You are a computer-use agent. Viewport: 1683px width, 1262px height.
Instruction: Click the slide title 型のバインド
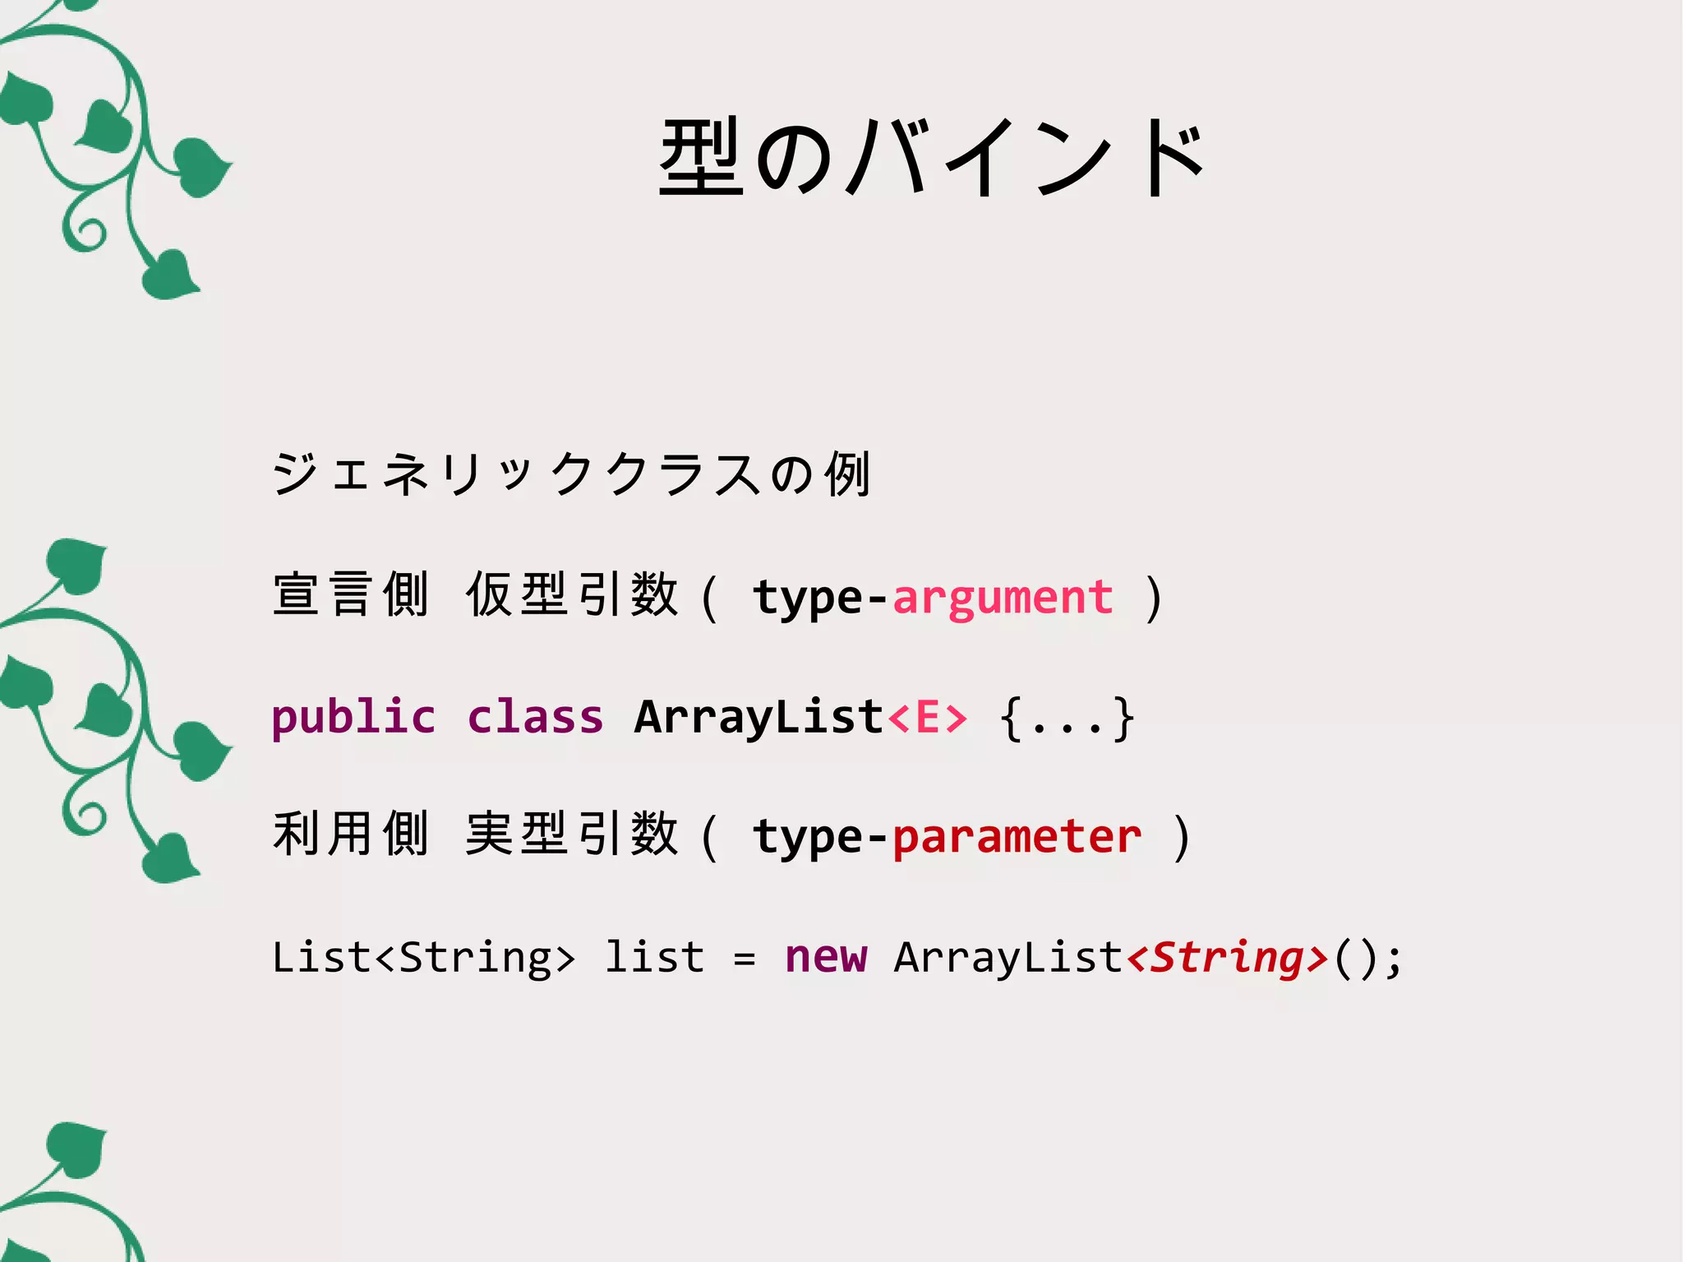[x=932, y=158]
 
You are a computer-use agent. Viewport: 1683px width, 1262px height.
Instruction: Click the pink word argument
[x=1003, y=597]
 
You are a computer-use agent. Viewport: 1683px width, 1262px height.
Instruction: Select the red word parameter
[x=1017, y=837]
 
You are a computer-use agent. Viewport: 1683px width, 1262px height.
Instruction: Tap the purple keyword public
[x=353, y=717]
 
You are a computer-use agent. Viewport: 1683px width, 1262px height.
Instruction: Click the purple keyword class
[x=535, y=717]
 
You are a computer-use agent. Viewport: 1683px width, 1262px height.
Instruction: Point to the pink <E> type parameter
[x=927, y=717]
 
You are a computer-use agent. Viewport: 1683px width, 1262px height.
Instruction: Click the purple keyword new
[x=825, y=957]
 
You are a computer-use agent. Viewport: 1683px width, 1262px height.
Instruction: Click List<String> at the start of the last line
[x=423, y=957]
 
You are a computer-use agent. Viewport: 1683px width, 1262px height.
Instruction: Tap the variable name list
[x=654, y=957]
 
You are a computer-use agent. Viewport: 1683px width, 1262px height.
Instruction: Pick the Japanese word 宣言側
[x=351, y=595]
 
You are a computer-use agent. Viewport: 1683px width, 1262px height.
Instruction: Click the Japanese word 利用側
[x=351, y=835]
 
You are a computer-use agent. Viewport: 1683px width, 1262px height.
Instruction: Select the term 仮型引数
[x=572, y=595]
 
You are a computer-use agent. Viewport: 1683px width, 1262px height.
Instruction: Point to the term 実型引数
[x=572, y=835]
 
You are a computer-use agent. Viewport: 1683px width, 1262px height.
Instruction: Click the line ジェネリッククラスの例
[x=571, y=474]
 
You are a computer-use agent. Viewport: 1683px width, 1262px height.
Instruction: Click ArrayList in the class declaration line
[x=759, y=717]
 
